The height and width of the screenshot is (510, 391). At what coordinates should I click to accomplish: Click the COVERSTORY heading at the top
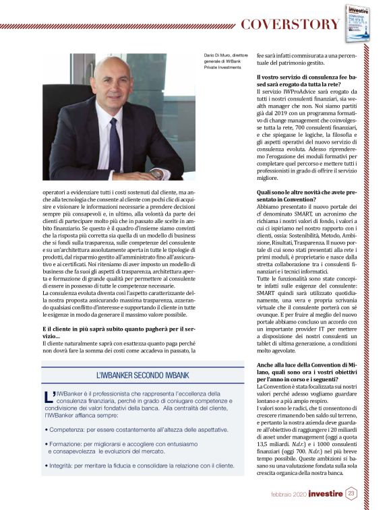pos(291,24)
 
